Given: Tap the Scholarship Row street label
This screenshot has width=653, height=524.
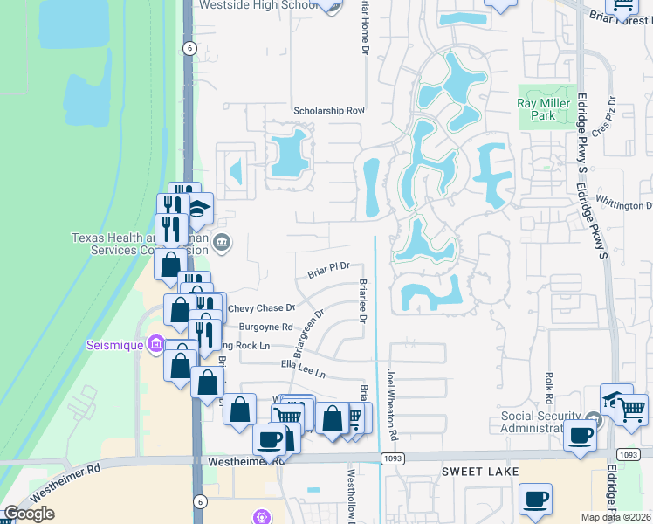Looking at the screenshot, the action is [x=329, y=111].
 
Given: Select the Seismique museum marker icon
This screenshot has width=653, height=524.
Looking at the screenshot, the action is [x=156, y=344].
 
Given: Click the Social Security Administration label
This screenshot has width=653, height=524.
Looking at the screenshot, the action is [x=540, y=422].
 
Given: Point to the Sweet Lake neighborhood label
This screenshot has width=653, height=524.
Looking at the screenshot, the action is [x=480, y=472].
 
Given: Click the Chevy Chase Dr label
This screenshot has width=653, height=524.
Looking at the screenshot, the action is [x=262, y=308].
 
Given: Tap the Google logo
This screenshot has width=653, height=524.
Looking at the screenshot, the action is [x=29, y=514].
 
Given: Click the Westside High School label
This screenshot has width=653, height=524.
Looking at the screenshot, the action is [x=258, y=5].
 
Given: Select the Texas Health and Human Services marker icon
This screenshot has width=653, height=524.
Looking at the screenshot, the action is [x=223, y=241].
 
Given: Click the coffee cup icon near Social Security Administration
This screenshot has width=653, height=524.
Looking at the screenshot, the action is [x=580, y=435].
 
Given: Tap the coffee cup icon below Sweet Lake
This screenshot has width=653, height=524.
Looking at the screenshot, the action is [x=536, y=499].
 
